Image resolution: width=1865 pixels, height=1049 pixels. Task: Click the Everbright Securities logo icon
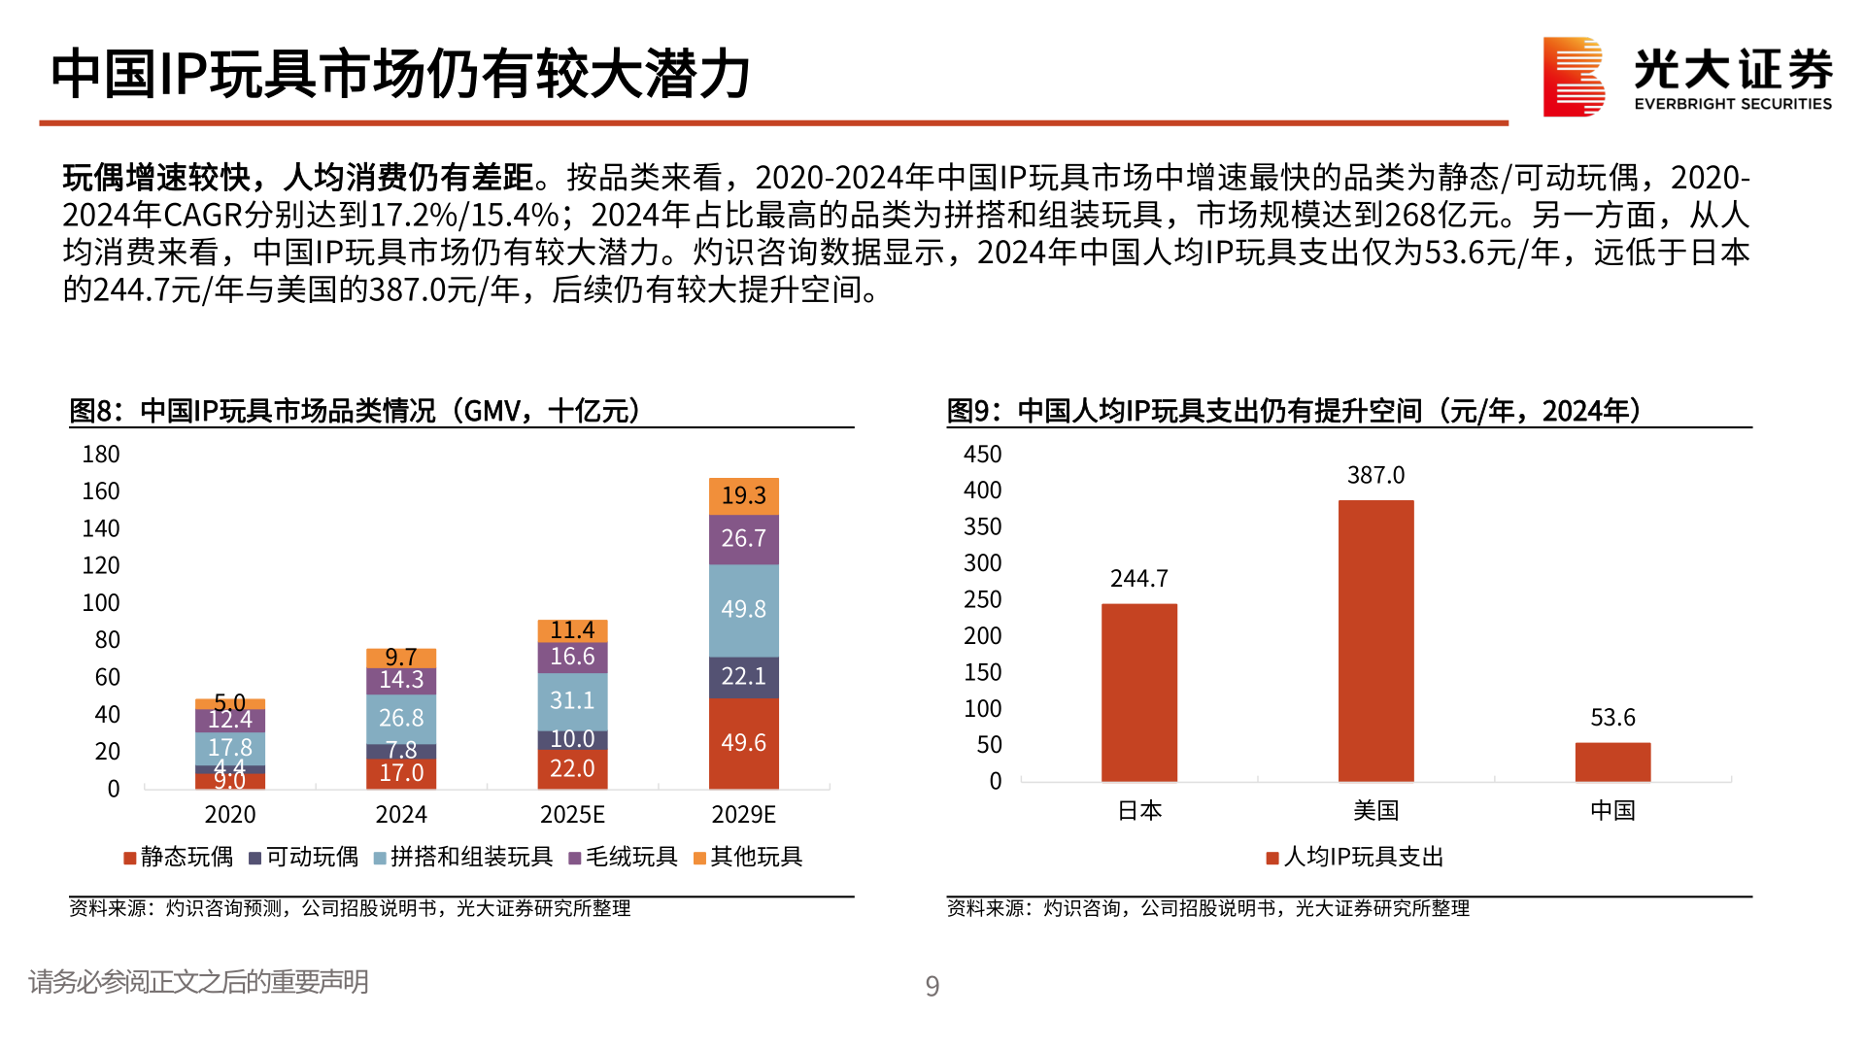tap(1573, 77)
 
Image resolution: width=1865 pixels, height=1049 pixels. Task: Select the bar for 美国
tap(1375, 641)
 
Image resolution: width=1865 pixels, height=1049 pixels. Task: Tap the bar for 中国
tap(1612, 762)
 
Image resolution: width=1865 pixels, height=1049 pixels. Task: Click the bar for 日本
tap(1138, 693)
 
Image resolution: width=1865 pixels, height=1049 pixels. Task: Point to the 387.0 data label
tap(1375, 475)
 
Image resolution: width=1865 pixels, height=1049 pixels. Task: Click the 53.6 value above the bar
tap(1612, 718)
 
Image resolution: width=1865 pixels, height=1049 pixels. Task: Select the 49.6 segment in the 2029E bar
tap(743, 743)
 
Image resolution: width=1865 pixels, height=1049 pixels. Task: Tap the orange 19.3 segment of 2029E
tap(743, 495)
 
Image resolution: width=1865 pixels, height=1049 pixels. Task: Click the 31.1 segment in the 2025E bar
tap(572, 700)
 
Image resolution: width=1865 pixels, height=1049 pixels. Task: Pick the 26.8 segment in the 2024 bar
tap(401, 719)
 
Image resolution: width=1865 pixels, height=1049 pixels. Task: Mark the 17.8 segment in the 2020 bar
tap(230, 748)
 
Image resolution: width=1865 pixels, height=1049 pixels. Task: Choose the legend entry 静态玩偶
tap(179, 857)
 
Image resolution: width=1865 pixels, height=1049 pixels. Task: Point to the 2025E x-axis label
tap(572, 814)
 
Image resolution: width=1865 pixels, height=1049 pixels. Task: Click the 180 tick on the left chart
tap(101, 455)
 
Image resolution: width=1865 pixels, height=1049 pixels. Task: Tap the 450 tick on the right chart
tap(982, 455)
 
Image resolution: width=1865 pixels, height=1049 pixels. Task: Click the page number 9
tap(932, 986)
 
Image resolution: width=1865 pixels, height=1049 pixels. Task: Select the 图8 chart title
tap(356, 411)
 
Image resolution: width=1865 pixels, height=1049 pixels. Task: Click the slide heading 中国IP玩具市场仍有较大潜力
tap(400, 75)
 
